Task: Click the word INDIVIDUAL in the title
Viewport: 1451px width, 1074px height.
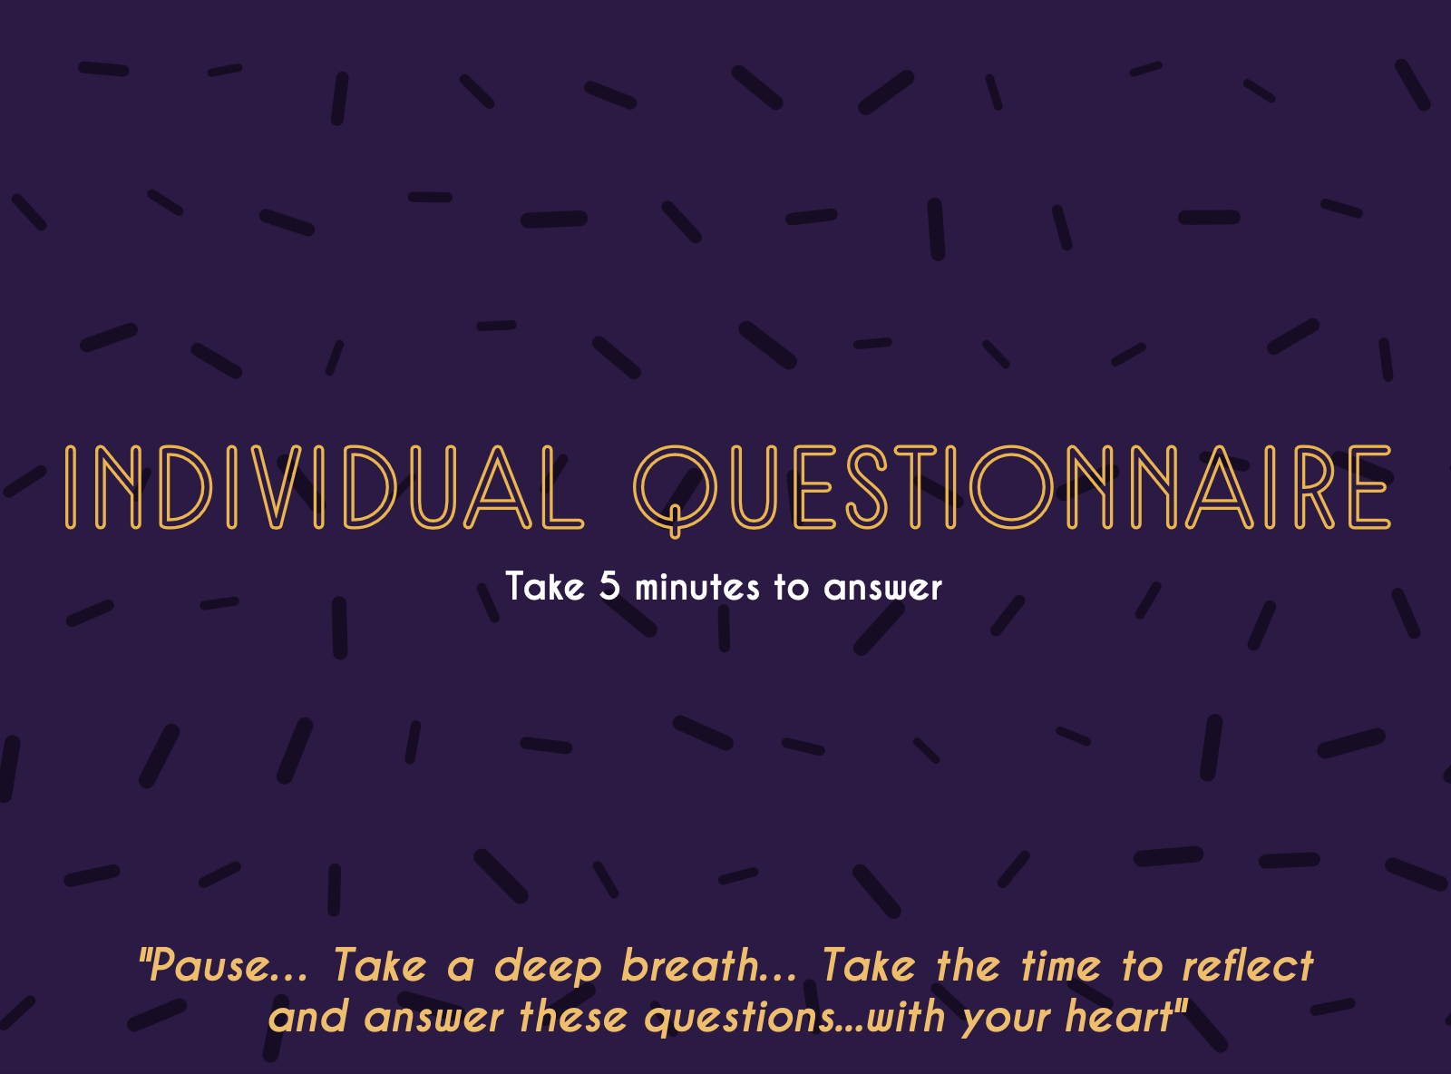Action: [325, 487]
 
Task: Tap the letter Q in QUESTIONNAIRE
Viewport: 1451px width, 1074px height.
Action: [675, 491]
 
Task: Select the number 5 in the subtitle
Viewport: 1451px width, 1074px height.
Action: [609, 585]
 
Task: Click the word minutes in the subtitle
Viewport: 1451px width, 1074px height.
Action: [697, 586]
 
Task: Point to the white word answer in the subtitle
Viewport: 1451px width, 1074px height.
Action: [883, 588]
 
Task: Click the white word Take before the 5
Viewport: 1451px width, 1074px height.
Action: [545, 586]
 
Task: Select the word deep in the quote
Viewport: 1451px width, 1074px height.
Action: [548, 968]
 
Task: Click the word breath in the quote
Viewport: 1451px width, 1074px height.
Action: [690, 965]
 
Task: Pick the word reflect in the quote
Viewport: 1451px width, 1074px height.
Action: [1248, 965]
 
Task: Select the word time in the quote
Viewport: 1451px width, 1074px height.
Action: [1061, 965]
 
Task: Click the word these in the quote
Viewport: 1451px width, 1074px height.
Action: [573, 1017]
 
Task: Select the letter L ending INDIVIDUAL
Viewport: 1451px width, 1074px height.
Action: [562, 487]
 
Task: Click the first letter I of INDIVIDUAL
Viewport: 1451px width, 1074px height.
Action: [71, 487]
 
